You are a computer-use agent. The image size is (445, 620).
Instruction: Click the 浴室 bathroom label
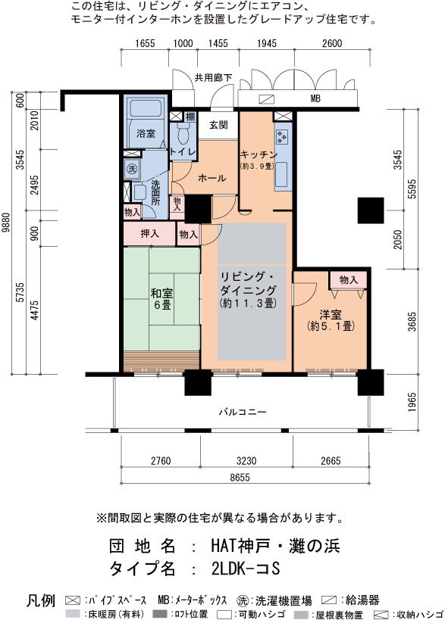[x=146, y=134]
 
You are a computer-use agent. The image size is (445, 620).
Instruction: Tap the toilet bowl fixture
[x=183, y=133]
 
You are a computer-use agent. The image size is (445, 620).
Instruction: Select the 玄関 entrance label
[x=218, y=126]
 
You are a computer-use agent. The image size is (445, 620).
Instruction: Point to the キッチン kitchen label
[x=259, y=154]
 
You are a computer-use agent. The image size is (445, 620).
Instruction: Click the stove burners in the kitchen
[x=283, y=136]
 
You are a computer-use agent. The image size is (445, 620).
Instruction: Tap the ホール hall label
[x=212, y=179]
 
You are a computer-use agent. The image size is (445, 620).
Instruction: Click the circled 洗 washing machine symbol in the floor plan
[x=132, y=170]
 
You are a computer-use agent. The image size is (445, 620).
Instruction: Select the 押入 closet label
[x=149, y=234]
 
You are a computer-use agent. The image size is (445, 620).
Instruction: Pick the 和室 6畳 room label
[x=161, y=298]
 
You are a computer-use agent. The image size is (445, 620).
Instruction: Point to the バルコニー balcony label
[x=243, y=412]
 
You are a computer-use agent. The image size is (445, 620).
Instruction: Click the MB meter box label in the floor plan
[x=315, y=98]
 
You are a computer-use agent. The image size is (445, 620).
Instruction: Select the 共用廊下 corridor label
[x=213, y=78]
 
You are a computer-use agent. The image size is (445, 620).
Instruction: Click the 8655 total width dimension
[x=240, y=477]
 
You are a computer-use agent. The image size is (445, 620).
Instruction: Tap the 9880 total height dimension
[x=6, y=223]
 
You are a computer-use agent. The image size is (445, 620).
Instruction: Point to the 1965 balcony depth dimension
[x=412, y=402]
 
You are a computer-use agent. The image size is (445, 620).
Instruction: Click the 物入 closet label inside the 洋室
[x=349, y=280]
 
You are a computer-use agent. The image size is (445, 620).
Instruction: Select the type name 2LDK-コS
[x=246, y=569]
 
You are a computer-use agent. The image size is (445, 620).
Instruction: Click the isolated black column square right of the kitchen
[x=371, y=210]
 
